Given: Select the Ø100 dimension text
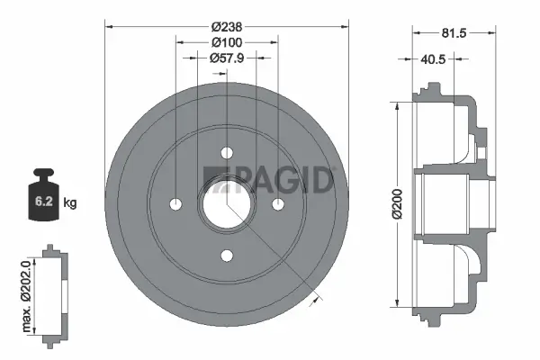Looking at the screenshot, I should (x=226, y=42).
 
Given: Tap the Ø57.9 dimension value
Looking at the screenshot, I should (x=226, y=58).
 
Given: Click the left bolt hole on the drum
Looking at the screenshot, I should (x=175, y=203).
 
